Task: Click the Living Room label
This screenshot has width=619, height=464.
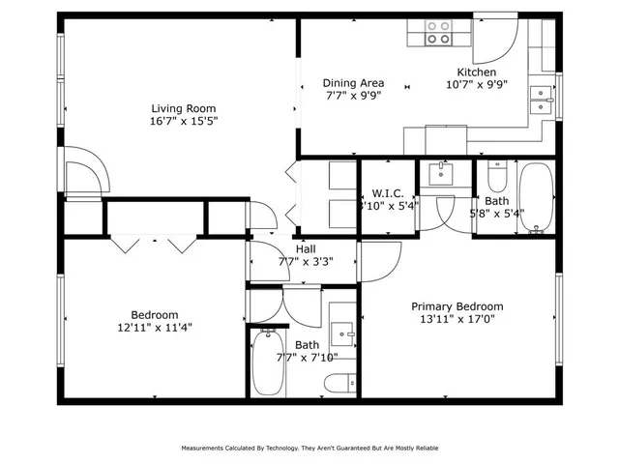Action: coord(183,108)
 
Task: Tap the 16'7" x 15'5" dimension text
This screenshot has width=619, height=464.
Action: coord(183,122)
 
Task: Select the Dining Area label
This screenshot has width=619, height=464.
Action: coord(353,83)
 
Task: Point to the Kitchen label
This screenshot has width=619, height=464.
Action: coord(476,72)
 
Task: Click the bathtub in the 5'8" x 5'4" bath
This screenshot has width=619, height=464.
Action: coord(535,197)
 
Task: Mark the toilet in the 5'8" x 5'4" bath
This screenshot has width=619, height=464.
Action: coord(496,178)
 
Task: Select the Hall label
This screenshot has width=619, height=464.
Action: coord(305,247)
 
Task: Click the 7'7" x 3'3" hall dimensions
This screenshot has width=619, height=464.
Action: coord(305,261)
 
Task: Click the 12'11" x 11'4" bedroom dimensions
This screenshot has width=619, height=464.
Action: coord(155,327)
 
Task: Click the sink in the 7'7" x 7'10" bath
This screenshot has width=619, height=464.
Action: coord(342,334)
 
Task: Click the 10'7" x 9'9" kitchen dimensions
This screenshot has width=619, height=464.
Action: coord(476,85)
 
